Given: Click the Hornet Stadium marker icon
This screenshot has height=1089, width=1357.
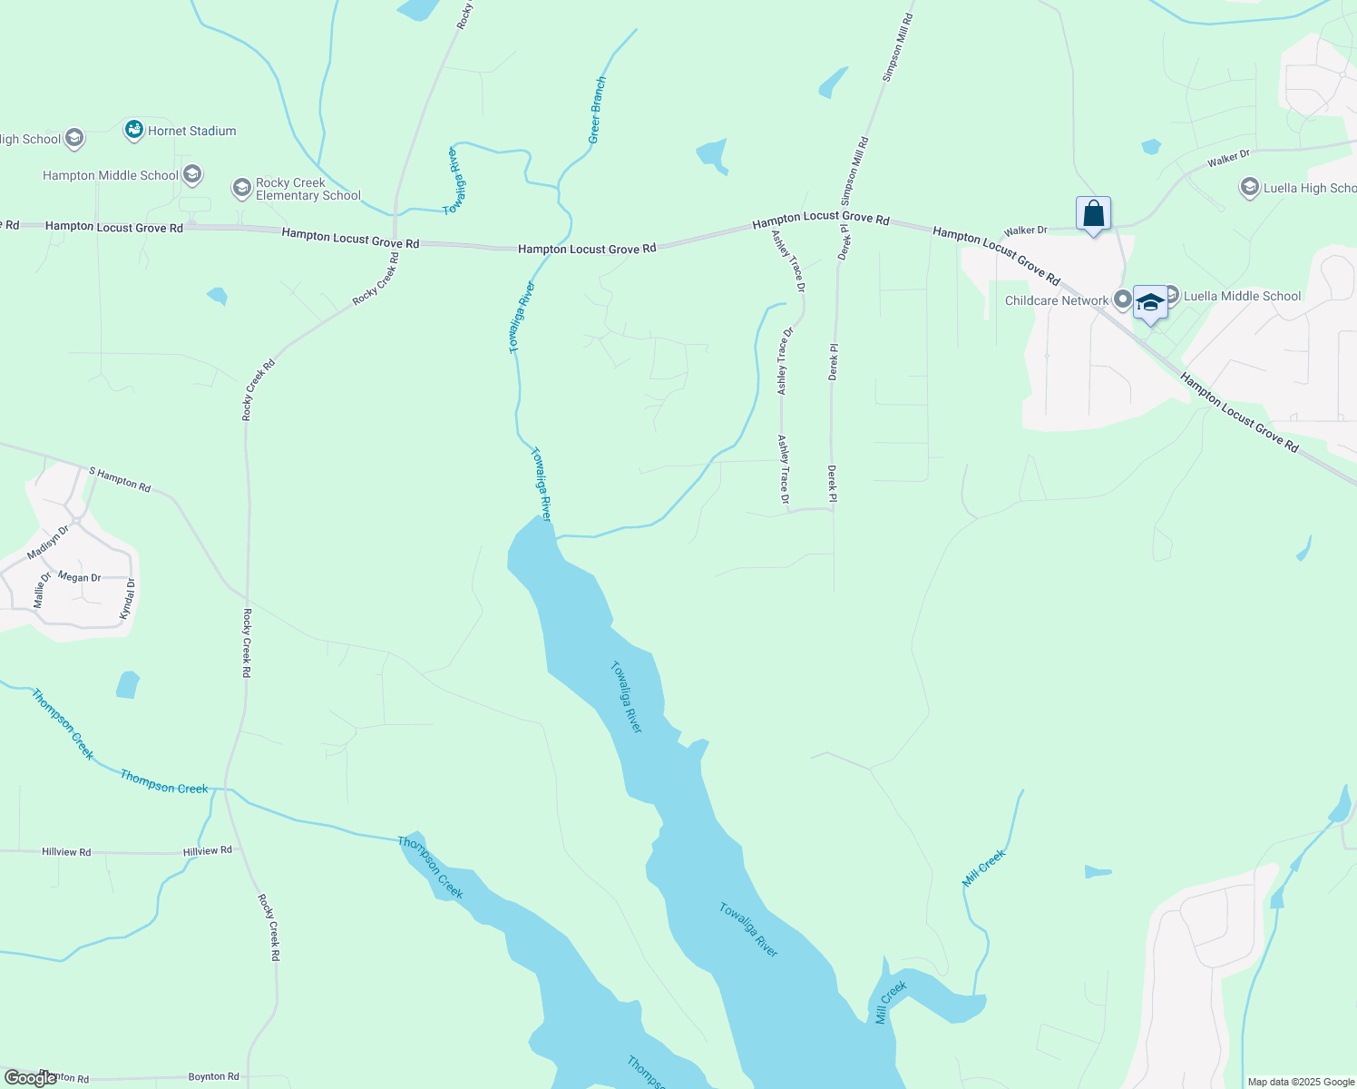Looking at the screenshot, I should pyautogui.click(x=134, y=130).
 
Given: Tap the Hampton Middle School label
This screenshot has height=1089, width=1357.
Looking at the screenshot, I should pyautogui.click(x=111, y=175).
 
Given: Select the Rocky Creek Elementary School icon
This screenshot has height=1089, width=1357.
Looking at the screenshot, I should pyautogui.click(x=241, y=188).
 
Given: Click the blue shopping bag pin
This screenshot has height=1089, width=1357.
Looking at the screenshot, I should pyautogui.click(x=1094, y=214).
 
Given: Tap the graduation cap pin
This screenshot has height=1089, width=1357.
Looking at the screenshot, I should pyautogui.click(x=1150, y=303).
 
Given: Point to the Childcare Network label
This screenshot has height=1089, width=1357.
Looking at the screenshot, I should pyautogui.click(x=1057, y=300).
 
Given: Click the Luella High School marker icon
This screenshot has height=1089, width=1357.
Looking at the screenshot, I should pyautogui.click(x=1249, y=188).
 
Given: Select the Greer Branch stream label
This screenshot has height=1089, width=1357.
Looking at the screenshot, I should pyautogui.click(x=597, y=110).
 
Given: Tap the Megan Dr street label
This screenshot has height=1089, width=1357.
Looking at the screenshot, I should pyautogui.click(x=79, y=577).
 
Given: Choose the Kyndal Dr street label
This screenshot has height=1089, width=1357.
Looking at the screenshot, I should pyautogui.click(x=129, y=599).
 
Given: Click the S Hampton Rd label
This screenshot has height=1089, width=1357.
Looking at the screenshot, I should pyautogui.click(x=120, y=479).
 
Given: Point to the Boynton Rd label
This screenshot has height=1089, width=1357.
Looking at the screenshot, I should pyautogui.click(x=213, y=1076).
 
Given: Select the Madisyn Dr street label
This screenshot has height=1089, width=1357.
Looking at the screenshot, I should pyautogui.click(x=48, y=542).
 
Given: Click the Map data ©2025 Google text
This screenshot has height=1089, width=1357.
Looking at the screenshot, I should pyautogui.click(x=1301, y=1082).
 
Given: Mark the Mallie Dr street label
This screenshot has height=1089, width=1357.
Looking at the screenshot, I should pyautogui.click(x=41, y=589).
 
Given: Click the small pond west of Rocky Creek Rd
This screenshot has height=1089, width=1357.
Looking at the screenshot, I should pyautogui.click(x=128, y=684).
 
